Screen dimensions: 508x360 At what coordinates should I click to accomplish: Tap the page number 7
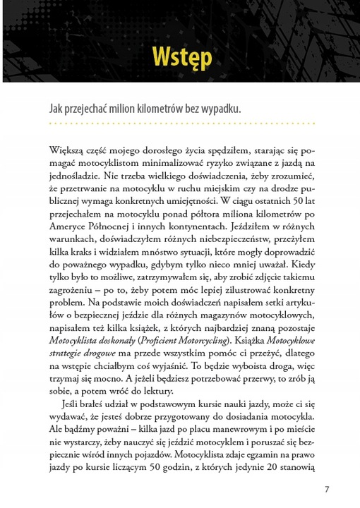coord(327,489)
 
